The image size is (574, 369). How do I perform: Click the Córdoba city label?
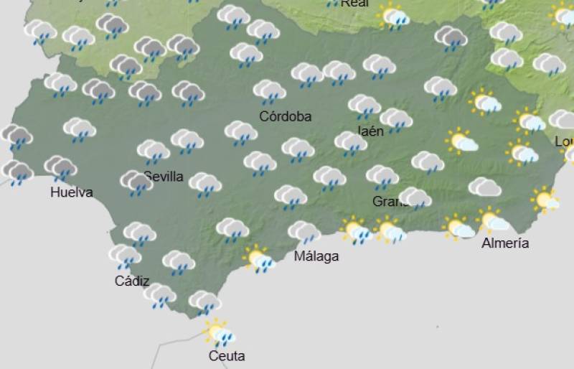pyautogui.click(x=286, y=116)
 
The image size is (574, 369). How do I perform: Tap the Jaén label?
pyautogui.click(x=371, y=130)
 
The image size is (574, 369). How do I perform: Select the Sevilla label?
pyautogui.click(x=165, y=177)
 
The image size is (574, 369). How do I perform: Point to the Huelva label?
pyautogui.click(x=71, y=192)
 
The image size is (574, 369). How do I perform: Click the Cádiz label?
pyautogui.click(x=132, y=281)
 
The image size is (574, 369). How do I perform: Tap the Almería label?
pyautogui.click(x=505, y=243)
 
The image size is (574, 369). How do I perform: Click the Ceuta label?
pyautogui.click(x=227, y=356)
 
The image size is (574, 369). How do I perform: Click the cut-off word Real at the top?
pyautogui.click(x=354, y=4)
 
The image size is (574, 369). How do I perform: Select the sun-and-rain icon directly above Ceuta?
pyautogui.click(x=217, y=332)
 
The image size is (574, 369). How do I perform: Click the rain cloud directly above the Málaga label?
pyautogui.click(x=304, y=233)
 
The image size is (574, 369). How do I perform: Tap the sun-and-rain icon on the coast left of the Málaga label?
pyautogui.click(x=258, y=258)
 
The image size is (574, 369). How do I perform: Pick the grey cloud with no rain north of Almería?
pyautogui.click(x=484, y=187)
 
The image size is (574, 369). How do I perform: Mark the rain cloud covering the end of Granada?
pyautogui.click(x=414, y=197)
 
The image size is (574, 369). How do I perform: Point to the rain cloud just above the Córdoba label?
pyautogui.click(x=269, y=91)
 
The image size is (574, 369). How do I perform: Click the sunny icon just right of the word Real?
pyautogui.click(x=394, y=16)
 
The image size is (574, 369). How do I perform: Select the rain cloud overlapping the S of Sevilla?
pyautogui.click(x=136, y=182)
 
